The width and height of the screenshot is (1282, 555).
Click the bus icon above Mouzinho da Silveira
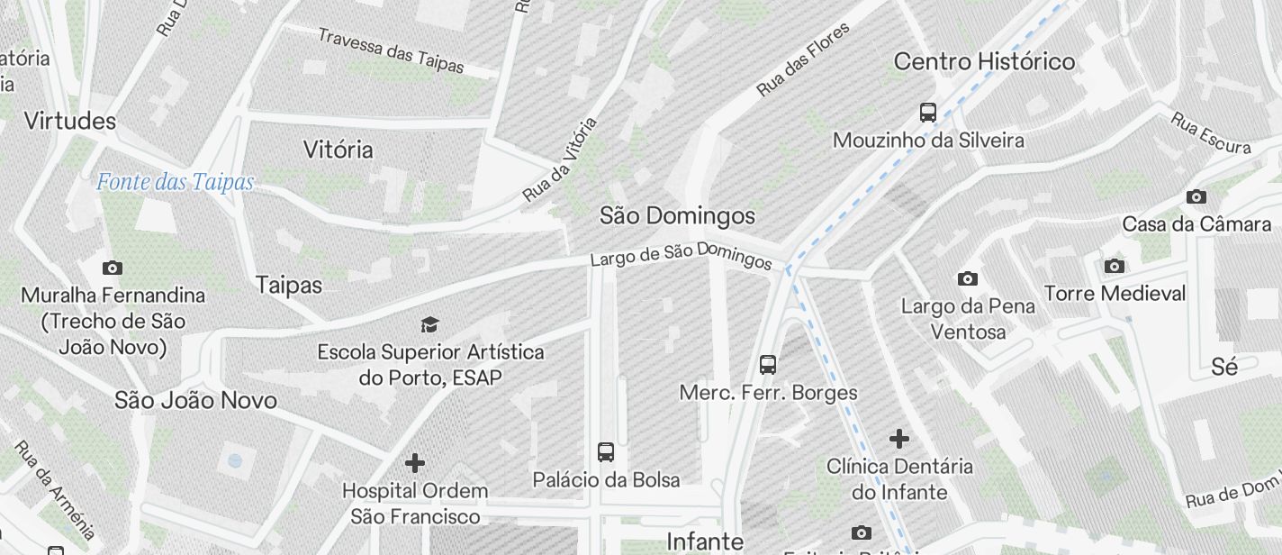point(928,113)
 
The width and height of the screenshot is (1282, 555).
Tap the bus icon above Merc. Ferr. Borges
point(768,365)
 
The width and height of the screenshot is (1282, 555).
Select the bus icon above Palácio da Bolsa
point(606,451)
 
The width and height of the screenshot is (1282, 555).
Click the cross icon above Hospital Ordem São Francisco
point(415,463)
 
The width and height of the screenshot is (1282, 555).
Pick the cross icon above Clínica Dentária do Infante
point(899,439)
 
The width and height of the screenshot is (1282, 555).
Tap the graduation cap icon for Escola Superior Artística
point(430,324)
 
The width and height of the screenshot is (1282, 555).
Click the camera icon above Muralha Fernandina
point(113,268)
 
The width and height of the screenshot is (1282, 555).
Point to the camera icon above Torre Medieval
point(1115,266)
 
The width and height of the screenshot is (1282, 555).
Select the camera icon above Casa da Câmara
point(1196,196)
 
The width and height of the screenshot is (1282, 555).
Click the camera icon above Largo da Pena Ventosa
point(968,278)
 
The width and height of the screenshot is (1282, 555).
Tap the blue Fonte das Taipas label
point(176,182)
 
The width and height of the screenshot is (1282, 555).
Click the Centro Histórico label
point(984,61)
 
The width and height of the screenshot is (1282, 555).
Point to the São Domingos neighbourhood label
point(677,215)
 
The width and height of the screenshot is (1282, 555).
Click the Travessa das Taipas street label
point(391,50)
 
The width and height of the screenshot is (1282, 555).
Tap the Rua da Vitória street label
point(560,159)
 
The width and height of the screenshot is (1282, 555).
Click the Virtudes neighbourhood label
point(70,121)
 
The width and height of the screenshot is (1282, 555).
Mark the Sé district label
point(1224,367)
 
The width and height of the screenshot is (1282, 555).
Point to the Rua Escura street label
point(1211,132)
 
